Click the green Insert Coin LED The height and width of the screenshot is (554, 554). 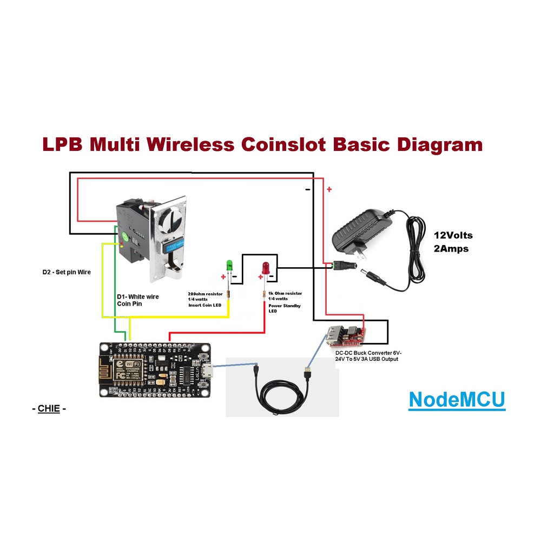click(228, 265)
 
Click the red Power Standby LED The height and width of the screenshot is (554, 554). click(265, 267)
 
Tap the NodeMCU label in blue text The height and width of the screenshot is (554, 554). click(457, 399)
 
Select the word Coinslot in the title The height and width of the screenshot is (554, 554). click(282, 145)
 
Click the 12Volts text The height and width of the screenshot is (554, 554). click(453, 235)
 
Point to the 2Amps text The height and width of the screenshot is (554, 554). click(451, 249)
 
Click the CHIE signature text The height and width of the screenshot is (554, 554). click(48, 408)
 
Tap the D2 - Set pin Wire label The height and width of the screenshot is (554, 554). click(67, 272)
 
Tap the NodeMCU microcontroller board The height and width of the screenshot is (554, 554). click(155, 370)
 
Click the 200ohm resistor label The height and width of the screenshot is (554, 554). click(205, 294)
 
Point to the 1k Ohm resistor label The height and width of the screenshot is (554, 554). click(285, 293)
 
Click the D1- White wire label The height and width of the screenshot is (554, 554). click(138, 297)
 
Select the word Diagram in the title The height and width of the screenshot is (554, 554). click(439, 145)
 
